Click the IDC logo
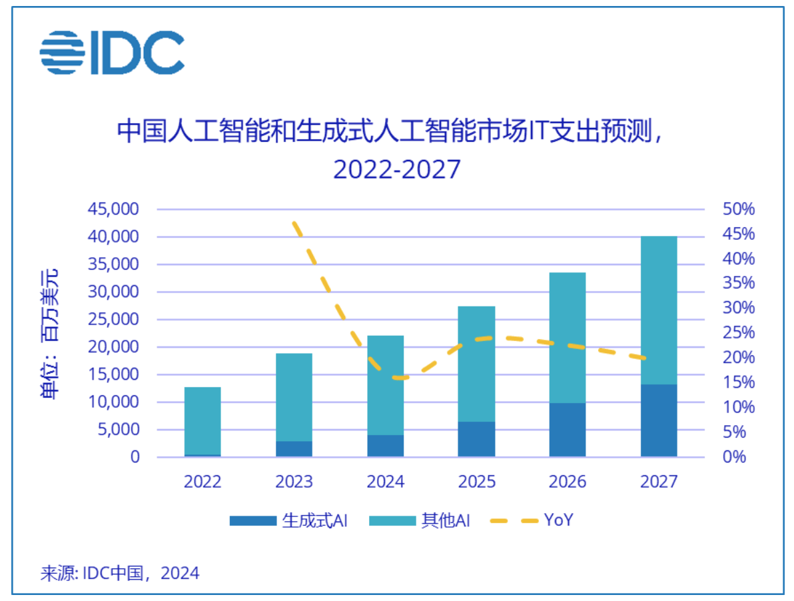click(112, 53)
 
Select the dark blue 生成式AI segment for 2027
click(659, 420)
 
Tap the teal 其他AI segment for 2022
click(202, 420)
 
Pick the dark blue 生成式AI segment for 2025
click(476, 439)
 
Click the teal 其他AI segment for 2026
click(568, 337)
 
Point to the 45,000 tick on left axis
click(113, 209)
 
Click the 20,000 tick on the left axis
click(113, 347)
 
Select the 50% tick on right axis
click(739, 209)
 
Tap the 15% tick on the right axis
click(739, 382)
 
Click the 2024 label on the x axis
click(385, 482)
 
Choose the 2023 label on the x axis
click(294, 482)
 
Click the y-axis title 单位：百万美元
click(51, 333)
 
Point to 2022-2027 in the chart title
click(396, 169)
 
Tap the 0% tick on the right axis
click(739, 457)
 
